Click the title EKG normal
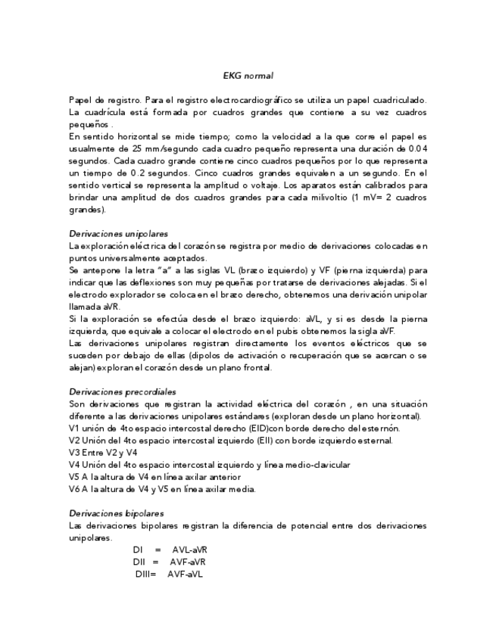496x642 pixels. (x=248, y=76)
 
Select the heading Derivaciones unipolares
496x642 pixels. (x=118, y=234)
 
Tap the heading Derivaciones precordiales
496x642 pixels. (x=122, y=391)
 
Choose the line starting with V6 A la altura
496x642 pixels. (x=162, y=488)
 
